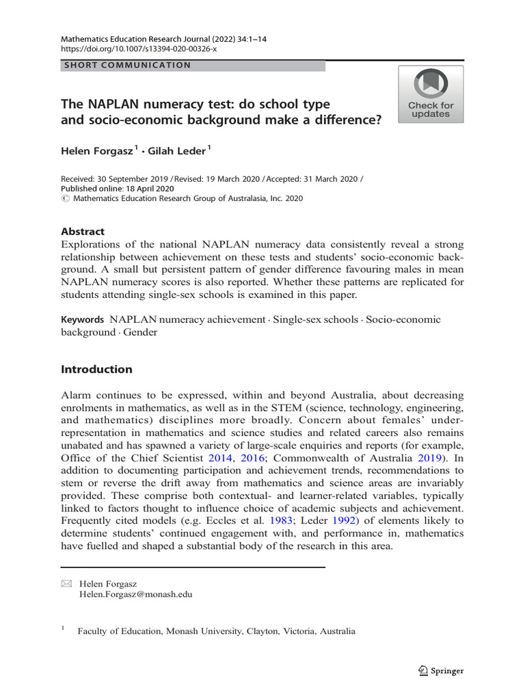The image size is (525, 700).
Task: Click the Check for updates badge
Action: click(x=431, y=94)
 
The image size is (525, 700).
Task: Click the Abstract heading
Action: click(x=83, y=232)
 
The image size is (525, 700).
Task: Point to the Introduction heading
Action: click(x=96, y=369)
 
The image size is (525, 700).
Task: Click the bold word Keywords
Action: click(x=82, y=319)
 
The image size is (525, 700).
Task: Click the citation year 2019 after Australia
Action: click(x=430, y=457)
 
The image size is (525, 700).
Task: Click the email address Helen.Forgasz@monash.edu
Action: click(x=136, y=595)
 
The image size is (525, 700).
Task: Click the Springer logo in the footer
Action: click(x=440, y=671)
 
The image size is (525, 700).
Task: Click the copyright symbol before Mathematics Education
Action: click(x=65, y=199)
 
